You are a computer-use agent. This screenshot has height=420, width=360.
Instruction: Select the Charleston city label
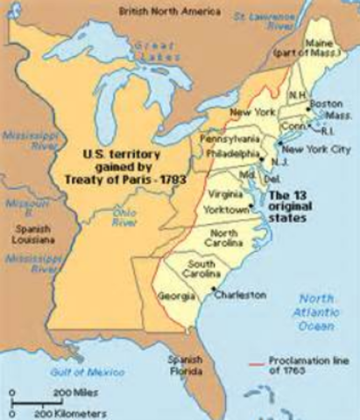pos(240,295)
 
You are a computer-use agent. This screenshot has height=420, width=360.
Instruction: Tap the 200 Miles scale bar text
pos(67,395)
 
